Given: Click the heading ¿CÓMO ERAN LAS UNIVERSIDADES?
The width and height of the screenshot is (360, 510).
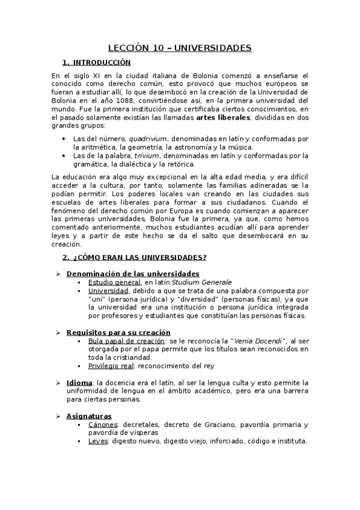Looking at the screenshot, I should (139, 257).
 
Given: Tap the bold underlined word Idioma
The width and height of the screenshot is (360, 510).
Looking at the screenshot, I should (79, 382).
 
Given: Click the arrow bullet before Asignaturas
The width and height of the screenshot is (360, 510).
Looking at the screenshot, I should (58, 416).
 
